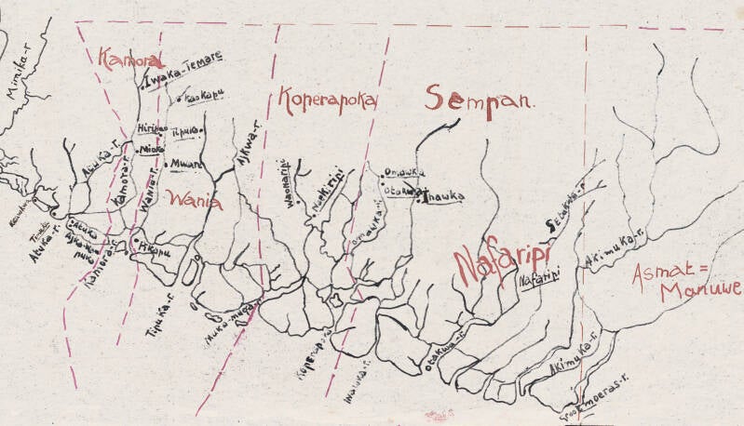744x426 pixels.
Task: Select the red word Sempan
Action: point(480,99)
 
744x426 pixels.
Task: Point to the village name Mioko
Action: point(152,148)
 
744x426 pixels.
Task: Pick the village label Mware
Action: point(185,163)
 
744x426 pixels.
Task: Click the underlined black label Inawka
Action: point(442,195)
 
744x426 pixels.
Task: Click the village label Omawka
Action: point(403,172)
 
